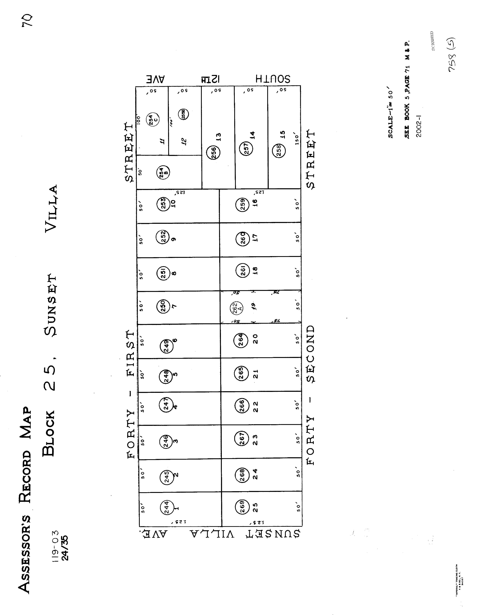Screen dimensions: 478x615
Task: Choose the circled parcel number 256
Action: (213, 152)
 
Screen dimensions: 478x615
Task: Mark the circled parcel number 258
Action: (279, 150)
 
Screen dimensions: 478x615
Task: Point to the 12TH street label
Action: (210, 80)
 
